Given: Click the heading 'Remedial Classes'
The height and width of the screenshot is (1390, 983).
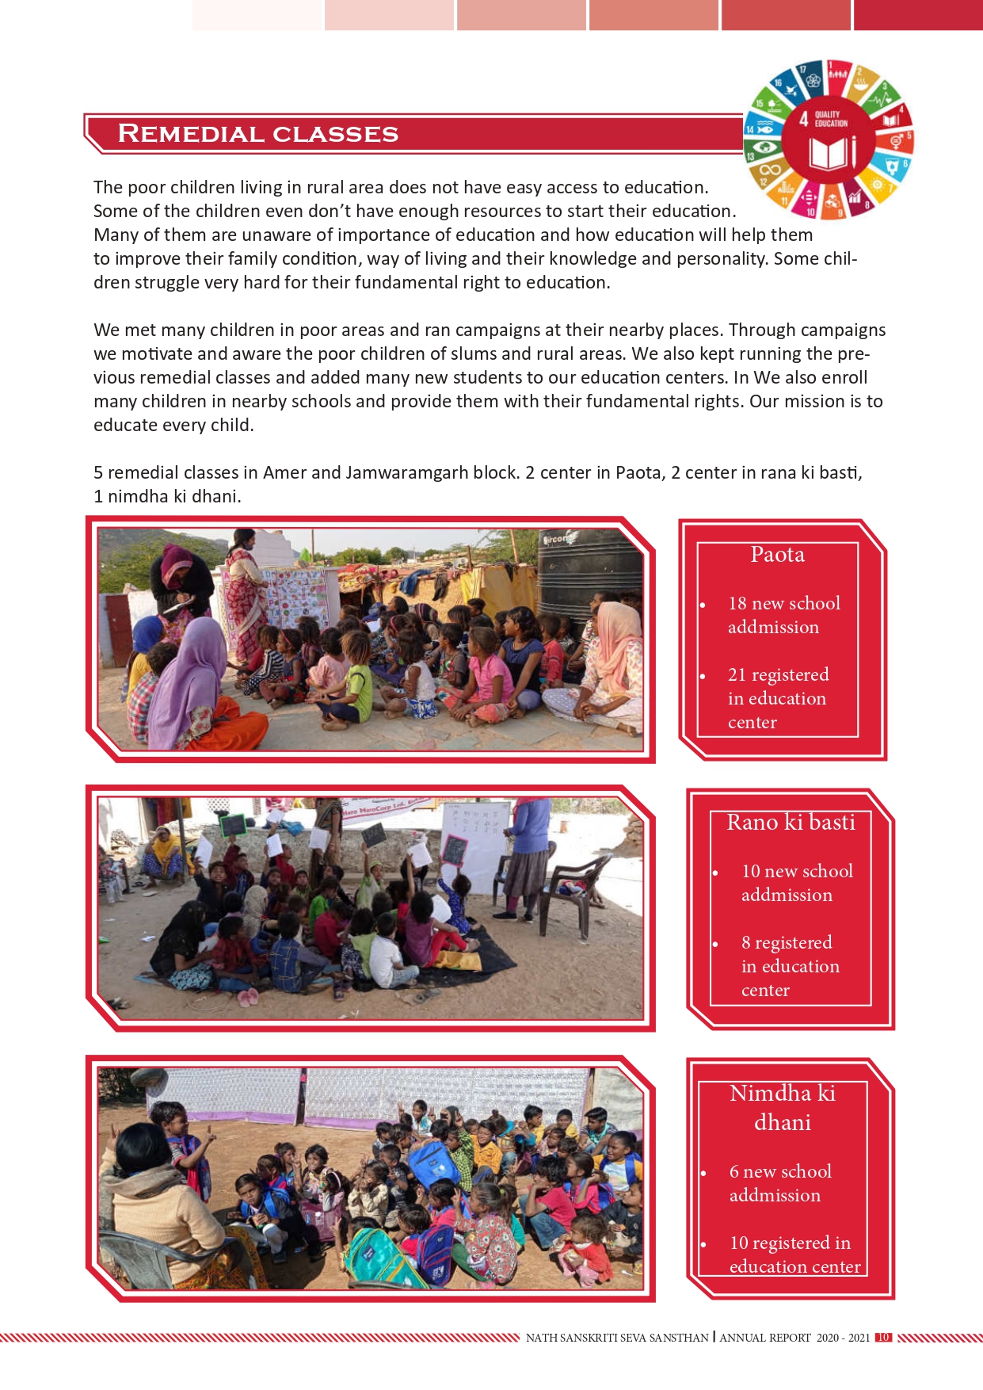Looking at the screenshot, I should pos(257,133).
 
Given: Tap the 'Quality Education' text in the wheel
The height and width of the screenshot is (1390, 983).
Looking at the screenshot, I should pos(831,119).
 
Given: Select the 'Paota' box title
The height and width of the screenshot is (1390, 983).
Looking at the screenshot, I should pos(777,555).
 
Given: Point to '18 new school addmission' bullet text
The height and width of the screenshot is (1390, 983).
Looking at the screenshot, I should pos(783,615).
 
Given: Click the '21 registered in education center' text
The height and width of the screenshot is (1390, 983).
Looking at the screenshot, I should pos(777,698).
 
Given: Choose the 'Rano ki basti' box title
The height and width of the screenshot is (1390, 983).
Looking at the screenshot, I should pos(791,823).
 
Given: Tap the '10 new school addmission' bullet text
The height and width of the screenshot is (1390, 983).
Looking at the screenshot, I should pos(796,883).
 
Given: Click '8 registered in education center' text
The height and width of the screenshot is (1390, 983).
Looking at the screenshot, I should pos(790,966).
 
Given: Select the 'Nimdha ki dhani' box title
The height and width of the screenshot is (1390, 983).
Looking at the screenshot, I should pos(782,1107).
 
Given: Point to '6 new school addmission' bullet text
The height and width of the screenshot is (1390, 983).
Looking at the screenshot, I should pos(779,1183).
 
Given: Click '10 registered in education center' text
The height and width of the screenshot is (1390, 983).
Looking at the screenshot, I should pos(794,1254).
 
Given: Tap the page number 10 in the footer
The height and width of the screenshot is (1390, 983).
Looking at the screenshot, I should pos(883,1338).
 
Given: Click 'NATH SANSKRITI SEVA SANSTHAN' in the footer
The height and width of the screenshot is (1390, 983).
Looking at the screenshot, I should pos(617,1338).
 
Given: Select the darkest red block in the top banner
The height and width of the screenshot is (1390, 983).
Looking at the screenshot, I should pos(917,15).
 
